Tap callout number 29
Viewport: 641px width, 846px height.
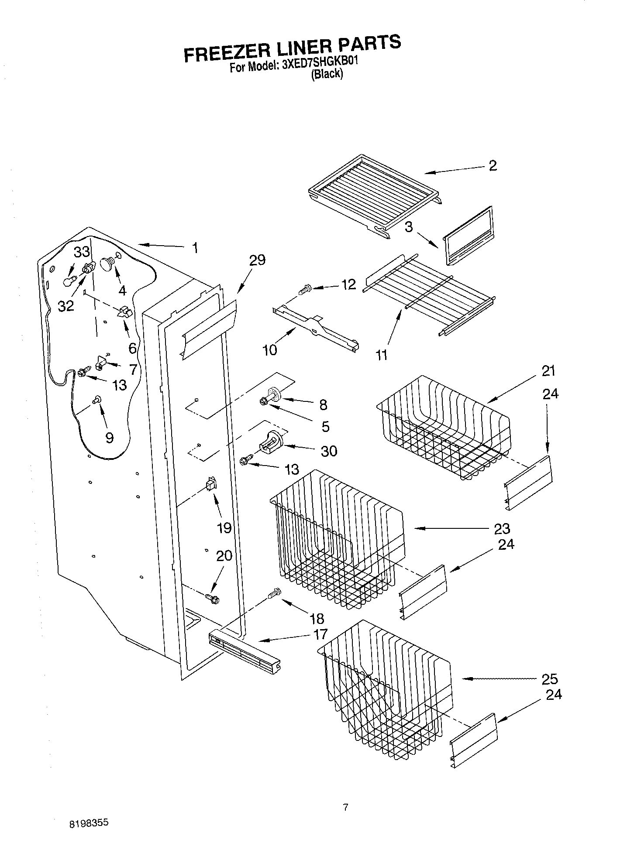(x=257, y=260)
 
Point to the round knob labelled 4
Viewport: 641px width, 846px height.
(x=107, y=264)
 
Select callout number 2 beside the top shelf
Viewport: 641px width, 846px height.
(x=493, y=166)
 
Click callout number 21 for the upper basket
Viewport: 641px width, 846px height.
(x=548, y=371)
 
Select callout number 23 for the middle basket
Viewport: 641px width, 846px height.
(x=502, y=528)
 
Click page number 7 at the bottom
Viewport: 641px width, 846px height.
(x=345, y=807)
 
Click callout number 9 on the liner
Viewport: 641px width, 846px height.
(x=109, y=437)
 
